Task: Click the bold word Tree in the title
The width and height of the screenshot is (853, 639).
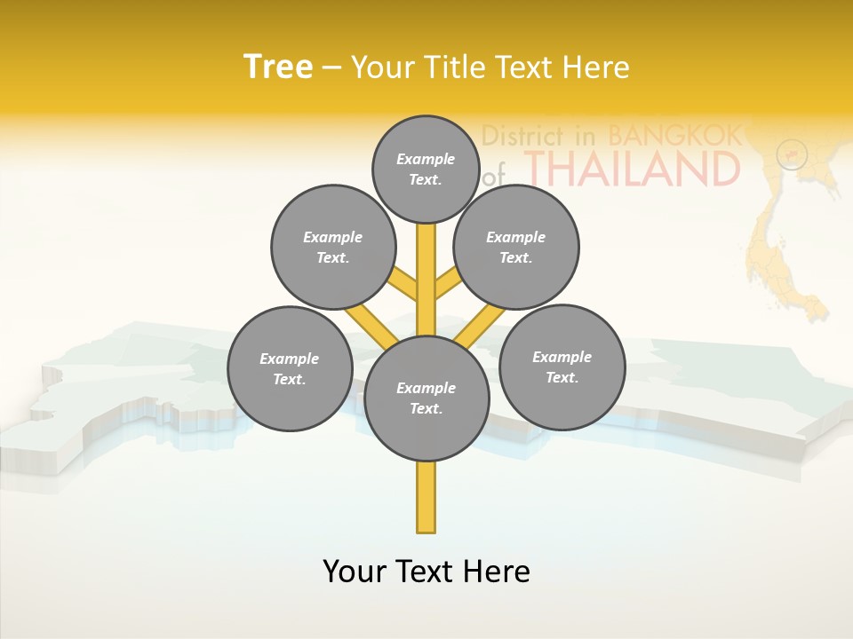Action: click(x=278, y=67)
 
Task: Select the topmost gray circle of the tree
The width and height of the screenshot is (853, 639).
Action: click(x=426, y=169)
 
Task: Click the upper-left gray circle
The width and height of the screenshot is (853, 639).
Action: click(x=333, y=247)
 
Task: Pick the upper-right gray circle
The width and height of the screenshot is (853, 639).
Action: click(x=516, y=247)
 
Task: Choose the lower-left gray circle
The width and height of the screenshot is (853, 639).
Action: click(x=290, y=368)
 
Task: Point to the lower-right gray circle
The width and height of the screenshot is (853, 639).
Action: click(x=562, y=367)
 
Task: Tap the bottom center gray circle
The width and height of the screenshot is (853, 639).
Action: click(x=426, y=398)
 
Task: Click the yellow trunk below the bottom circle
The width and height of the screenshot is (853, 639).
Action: click(x=426, y=497)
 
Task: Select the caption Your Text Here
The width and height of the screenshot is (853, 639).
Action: click(x=426, y=571)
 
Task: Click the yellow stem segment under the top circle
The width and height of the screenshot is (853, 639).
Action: click(x=426, y=266)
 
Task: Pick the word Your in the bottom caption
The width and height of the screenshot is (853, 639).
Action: click(x=354, y=571)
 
